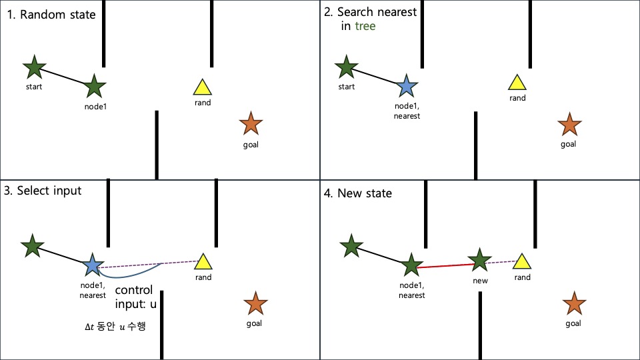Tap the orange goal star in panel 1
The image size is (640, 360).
[250, 124]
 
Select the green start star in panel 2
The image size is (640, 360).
[345, 67]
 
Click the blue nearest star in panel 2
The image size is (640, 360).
[405, 86]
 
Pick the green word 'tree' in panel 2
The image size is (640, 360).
[365, 26]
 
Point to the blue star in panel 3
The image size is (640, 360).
[92, 265]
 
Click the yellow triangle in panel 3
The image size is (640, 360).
[204, 262]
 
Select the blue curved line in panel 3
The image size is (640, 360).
[133, 275]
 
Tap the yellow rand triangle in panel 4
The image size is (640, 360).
[522, 262]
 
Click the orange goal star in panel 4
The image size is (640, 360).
[573, 304]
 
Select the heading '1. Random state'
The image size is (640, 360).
[51, 15]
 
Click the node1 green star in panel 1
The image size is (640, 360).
[95, 85]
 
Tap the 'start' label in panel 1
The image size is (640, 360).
[33, 86]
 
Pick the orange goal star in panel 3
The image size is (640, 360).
[255, 304]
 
